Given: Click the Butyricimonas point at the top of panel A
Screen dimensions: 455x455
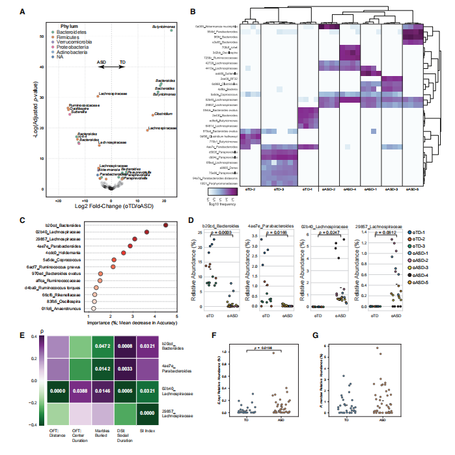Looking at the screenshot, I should tap(171, 30).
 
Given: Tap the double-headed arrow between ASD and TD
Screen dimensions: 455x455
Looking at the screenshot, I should tap(113, 67).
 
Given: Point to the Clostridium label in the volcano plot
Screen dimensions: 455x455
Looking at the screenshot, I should tap(163, 113).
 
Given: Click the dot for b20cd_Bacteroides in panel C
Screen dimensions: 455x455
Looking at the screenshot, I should tap(166, 225).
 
